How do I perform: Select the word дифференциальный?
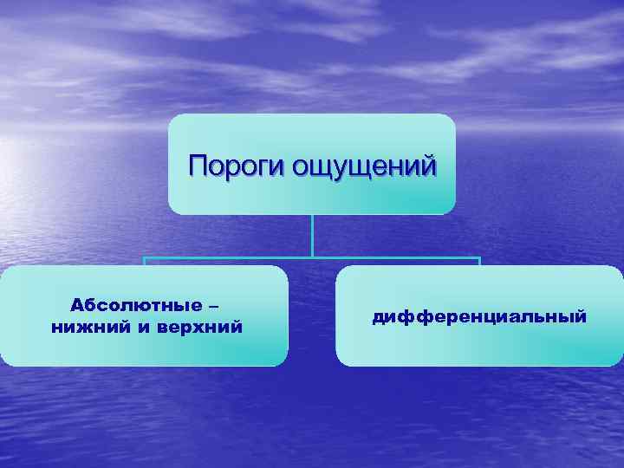pyautogui.click(x=479, y=317)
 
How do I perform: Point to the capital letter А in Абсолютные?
pyautogui.click(x=75, y=306)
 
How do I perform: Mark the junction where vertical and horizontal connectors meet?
pyautogui.click(x=312, y=257)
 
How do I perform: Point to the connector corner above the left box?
pyautogui.click(x=145, y=258)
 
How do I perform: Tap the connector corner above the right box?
pyautogui.click(x=479, y=258)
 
